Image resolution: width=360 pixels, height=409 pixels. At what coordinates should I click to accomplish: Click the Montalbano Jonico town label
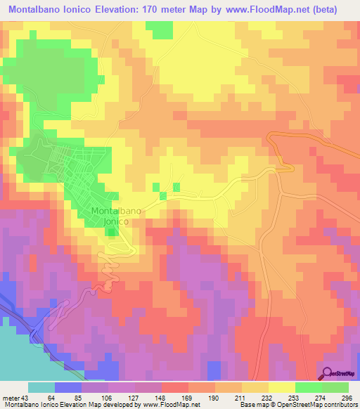click(x=115, y=216)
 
